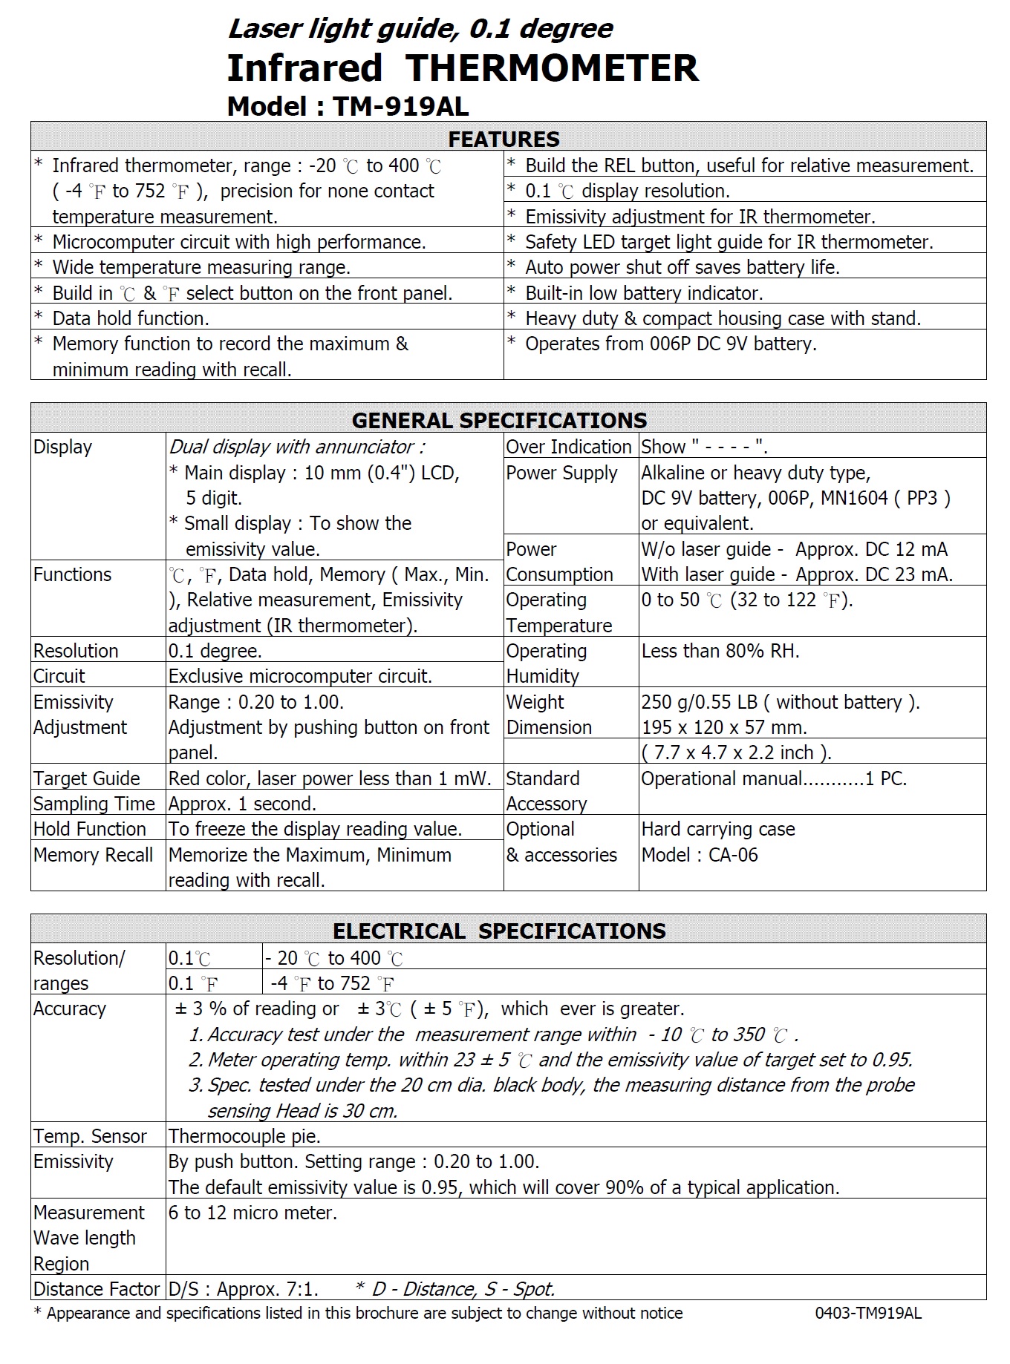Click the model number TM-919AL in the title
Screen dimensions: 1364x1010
pos(400,107)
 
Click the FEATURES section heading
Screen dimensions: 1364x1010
pos(504,140)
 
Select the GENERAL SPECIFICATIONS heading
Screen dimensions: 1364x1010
pos(499,421)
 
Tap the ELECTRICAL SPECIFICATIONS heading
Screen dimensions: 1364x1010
pos(499,931)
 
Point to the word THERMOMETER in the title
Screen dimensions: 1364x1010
pos(552,68)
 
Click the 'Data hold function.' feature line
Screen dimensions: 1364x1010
pos(131,319)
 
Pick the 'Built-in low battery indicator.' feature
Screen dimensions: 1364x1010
pos(644,294)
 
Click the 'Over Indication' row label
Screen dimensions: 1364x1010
pos(568,447)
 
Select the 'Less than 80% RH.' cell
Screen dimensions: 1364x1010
pos(720,652)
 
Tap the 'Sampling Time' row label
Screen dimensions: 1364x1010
pos(94,804)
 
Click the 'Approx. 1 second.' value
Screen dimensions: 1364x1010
pos(242,804)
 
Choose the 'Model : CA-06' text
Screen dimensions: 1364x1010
pos(700,856)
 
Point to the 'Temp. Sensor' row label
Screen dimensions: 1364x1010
pos(90,1137)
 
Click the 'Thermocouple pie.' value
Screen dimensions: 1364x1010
pos(244,1137)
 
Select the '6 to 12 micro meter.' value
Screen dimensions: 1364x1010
pos(252,1213)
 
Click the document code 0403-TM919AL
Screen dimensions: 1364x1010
pos(867,1314)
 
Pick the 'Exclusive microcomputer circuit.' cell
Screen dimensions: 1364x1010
pos(300,677)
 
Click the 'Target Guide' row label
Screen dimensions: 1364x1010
pos(86,779)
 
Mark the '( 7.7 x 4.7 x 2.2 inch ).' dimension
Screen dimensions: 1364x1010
pos(736,753)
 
